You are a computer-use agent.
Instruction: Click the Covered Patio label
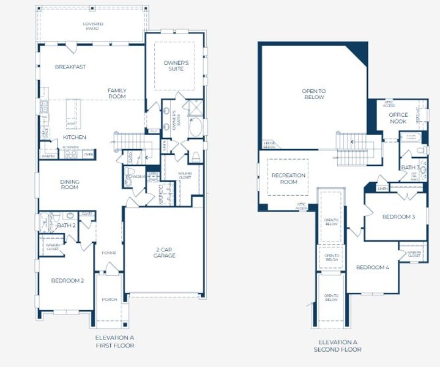tap(93, 26)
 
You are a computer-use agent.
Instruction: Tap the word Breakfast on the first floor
tap(70, 67)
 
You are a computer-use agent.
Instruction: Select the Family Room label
tap(117, 94)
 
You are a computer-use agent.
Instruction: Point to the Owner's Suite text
tap(176, 65)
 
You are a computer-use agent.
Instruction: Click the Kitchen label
tap(75, 137)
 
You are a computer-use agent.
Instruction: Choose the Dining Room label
tap(70, 184)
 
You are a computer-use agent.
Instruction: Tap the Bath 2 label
tap(65, 226)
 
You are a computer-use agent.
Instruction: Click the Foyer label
tap(108, 251)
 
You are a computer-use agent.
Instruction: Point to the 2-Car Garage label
tap(164, 253)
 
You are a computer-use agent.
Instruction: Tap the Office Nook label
tap(398, 118)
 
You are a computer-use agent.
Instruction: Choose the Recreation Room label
tap(288, 179)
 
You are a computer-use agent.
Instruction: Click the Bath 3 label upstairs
tap(410, 167)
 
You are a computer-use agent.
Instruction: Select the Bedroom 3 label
tap(398, 217)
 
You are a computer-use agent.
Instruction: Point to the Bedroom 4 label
tap(372, 267)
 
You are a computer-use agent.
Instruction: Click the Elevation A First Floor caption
tap(114, 341)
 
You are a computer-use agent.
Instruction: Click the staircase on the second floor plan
tap(352, 150)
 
